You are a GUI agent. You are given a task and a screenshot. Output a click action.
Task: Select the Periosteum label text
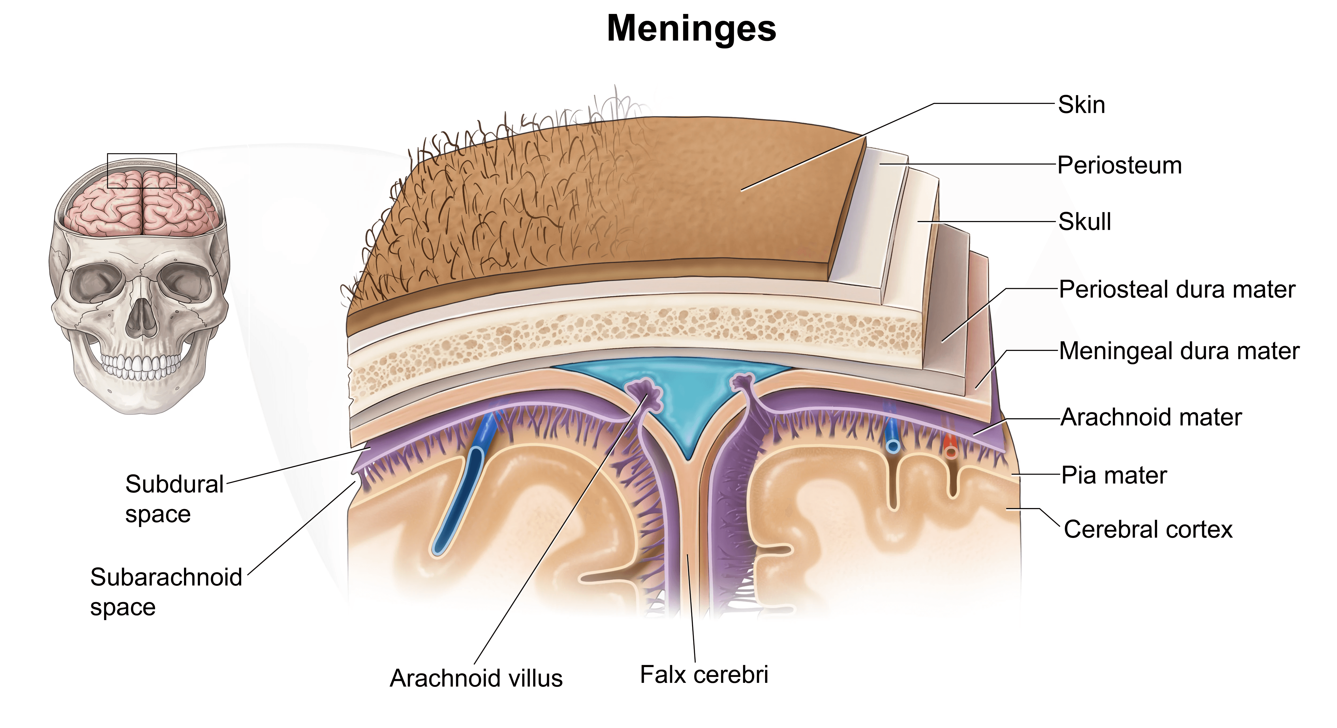coord(1120,165)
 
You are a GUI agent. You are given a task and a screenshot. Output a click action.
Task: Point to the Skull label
coord(1084,222)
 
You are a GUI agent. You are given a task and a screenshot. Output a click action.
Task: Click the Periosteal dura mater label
coord(1177,289)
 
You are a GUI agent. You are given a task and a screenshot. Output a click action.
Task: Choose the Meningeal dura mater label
coord(1179,351)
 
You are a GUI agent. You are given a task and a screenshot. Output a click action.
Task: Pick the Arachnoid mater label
coord(1151,417)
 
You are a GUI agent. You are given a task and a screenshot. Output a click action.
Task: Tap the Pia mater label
coord(1114,475)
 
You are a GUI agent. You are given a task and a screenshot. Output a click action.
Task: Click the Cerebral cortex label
coord(1148,530)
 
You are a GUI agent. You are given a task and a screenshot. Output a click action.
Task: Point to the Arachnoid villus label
coord(476,678)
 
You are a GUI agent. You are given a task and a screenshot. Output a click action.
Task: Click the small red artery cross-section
coord(950,450)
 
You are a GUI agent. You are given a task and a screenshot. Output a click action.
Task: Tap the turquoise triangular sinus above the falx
coord(685,410)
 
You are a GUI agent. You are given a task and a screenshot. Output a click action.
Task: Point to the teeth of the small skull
coord(140,366)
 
